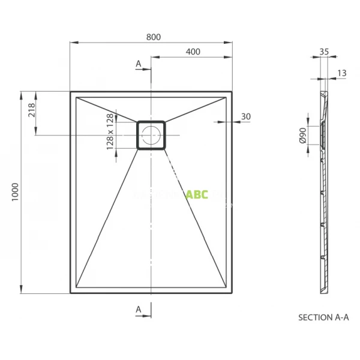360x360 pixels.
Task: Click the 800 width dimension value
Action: coord(153,37)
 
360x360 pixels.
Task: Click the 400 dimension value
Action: coord(193,52)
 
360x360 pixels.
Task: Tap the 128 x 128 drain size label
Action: coord(110,131)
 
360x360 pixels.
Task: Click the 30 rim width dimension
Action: coord(245,116)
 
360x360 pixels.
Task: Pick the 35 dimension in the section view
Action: coord(324,52)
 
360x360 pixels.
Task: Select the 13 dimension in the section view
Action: coord(342,73)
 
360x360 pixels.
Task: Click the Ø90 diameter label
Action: coord(303,136)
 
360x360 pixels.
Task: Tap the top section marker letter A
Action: coord(139,64)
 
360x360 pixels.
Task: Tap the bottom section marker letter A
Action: coord(139,308)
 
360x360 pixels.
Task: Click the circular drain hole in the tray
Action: coord(151,134)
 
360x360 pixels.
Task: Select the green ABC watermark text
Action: coord(197,194)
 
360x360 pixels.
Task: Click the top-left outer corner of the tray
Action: coord(71,92)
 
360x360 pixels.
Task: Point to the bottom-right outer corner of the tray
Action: coord(232,293)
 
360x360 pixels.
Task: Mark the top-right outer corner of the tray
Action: coord(232,92)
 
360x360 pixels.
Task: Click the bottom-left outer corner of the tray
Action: coord(71,293)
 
